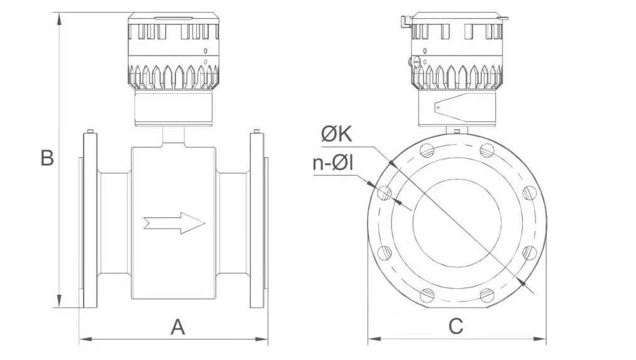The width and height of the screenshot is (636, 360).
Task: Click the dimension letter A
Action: pyautogui.click(x=178, y=327)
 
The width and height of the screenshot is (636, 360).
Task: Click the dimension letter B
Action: pyautogui.click(x=47, y=158)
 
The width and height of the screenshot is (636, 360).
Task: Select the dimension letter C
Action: pyautogui.click(x=456, y=326)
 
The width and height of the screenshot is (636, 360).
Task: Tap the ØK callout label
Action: pyautogui.click(x=337, y=134)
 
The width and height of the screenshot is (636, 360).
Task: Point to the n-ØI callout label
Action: pyautogui.click(x=333, y=163)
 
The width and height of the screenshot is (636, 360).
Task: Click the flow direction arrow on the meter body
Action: pyautogui.click(x=175, y=223)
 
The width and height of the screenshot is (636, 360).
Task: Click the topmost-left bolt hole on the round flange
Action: pyautogui.click(x=427, y=150)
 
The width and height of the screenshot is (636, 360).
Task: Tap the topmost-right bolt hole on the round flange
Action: pyautogui.click(x=487, y=150)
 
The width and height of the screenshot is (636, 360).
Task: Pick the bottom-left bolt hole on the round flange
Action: pyautogui.click(x=427, y=295)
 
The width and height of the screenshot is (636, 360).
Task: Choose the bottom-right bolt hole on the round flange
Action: pyautogui.click(x=487, y=295)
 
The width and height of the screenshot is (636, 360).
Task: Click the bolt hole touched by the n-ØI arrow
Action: pyautogui.click(x=384, y=193)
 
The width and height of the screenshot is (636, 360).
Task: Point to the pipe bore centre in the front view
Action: pyautogui.click(x=457, y=223)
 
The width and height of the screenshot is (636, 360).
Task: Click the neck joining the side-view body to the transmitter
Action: pyautogui.click(x=173, y=137)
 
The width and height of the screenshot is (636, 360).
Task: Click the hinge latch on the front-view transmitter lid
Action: pyautogui.click(x=405, y=21)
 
